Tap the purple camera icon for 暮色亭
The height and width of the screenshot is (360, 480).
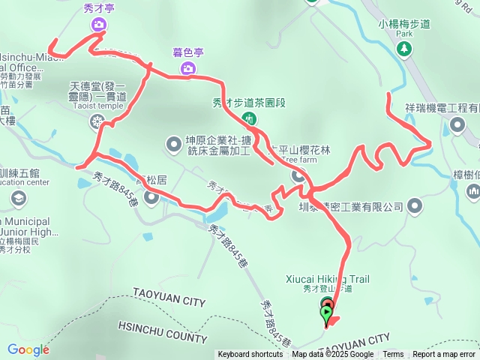coord(187,69)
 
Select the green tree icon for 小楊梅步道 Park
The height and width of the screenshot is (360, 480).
coord(405,49)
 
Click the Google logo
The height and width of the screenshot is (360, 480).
coord(28,349)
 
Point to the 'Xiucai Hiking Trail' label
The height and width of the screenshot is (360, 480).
coord(328,278)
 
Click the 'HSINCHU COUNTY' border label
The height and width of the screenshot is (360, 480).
coord(162,331)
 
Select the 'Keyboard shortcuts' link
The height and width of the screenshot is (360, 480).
coord(250,355)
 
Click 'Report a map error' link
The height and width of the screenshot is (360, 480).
coord(444,355)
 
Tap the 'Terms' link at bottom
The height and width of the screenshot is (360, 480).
coord(393,355)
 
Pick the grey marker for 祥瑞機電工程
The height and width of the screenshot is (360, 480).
coord(457,124)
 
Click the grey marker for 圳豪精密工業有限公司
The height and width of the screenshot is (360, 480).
coord(416,206)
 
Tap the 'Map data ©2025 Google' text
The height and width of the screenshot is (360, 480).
coord(332,355)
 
